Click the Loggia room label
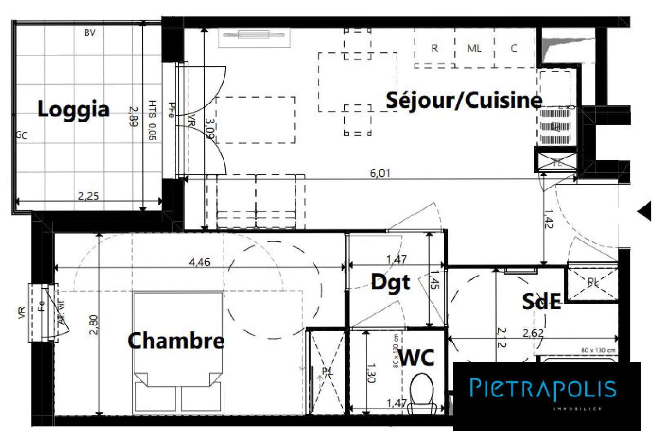(73, 109)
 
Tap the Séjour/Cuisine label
(463, 100)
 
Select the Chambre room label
(176, 340)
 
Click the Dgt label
(391, 282)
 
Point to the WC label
(417, 358)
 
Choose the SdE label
(541, 301)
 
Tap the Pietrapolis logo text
(543, 388)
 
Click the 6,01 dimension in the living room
(380, 173)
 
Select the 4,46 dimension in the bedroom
(199, 262)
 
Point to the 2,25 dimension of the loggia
(88, 196)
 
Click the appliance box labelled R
(434, 48)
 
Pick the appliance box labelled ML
(474, 48)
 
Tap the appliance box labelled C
(514, 48)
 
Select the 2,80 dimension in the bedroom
(94, 324)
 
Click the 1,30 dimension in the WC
(371, 373)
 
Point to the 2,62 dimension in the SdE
(533, 333)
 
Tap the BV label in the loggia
(89, 33)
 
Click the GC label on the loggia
(21, 135)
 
